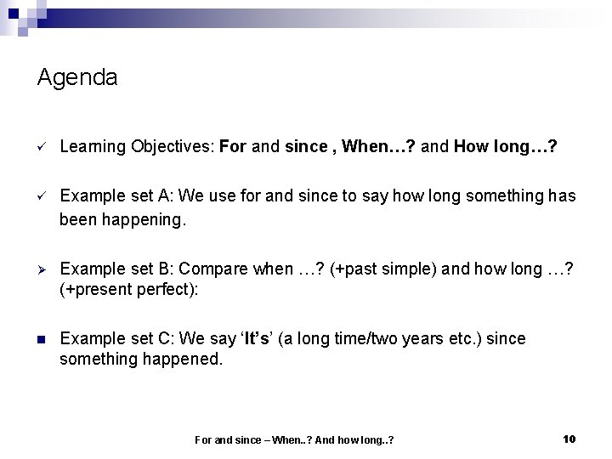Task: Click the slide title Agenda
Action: pyautogui.click(x=77, y=78)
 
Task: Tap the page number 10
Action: pyautogui.click(x=569, y=439)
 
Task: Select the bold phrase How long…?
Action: pyautogui.click(x=506, y=146)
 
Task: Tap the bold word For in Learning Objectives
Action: pyautogui.click(x=232, y=146)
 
